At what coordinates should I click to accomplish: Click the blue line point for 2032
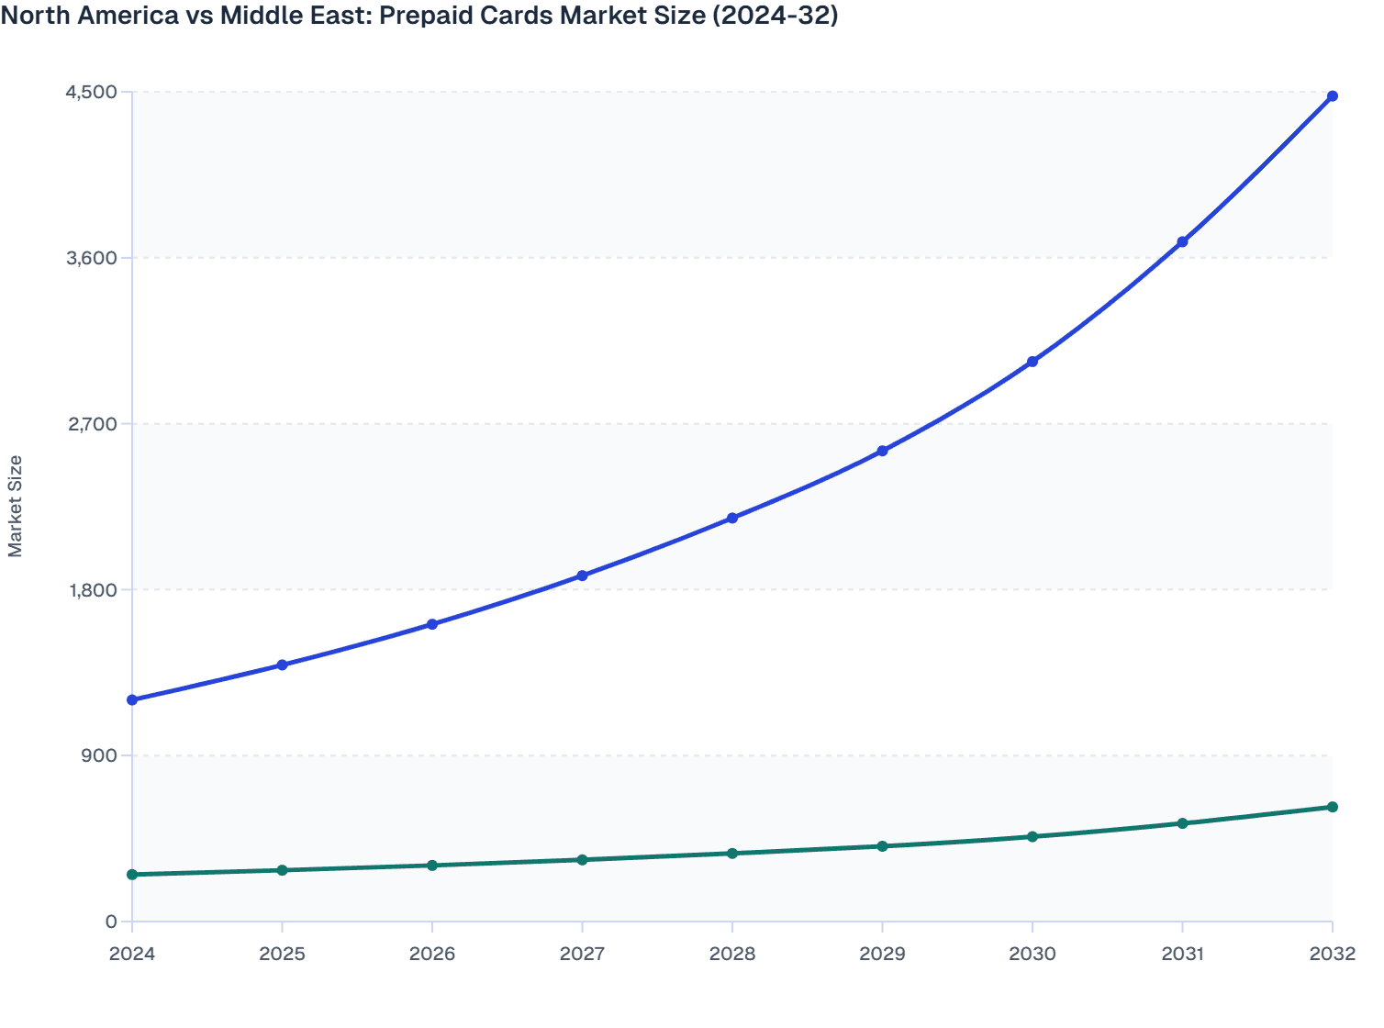[1332, 96]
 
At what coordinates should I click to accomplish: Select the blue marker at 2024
[132, 700]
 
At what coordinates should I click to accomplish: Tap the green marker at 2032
[1332, 807]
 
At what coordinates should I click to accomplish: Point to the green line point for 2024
[132, 875]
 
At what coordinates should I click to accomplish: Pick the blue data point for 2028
[732, 519]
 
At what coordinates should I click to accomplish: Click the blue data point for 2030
[1032, 362]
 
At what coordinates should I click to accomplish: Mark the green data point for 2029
[882, 846]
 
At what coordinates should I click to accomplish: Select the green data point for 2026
[432, 866]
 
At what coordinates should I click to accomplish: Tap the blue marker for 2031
[1182, 241]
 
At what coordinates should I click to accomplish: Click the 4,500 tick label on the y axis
[91, 92]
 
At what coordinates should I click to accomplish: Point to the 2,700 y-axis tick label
[91, 424]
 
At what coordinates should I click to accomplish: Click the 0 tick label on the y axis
[111, 922]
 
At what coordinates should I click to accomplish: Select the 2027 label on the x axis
[582, 954]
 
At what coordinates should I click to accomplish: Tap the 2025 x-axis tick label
[282, 954]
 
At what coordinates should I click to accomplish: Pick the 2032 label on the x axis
[1332, 954]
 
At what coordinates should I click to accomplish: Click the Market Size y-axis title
[15, 506]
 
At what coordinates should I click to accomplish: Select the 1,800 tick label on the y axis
[91, 589]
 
